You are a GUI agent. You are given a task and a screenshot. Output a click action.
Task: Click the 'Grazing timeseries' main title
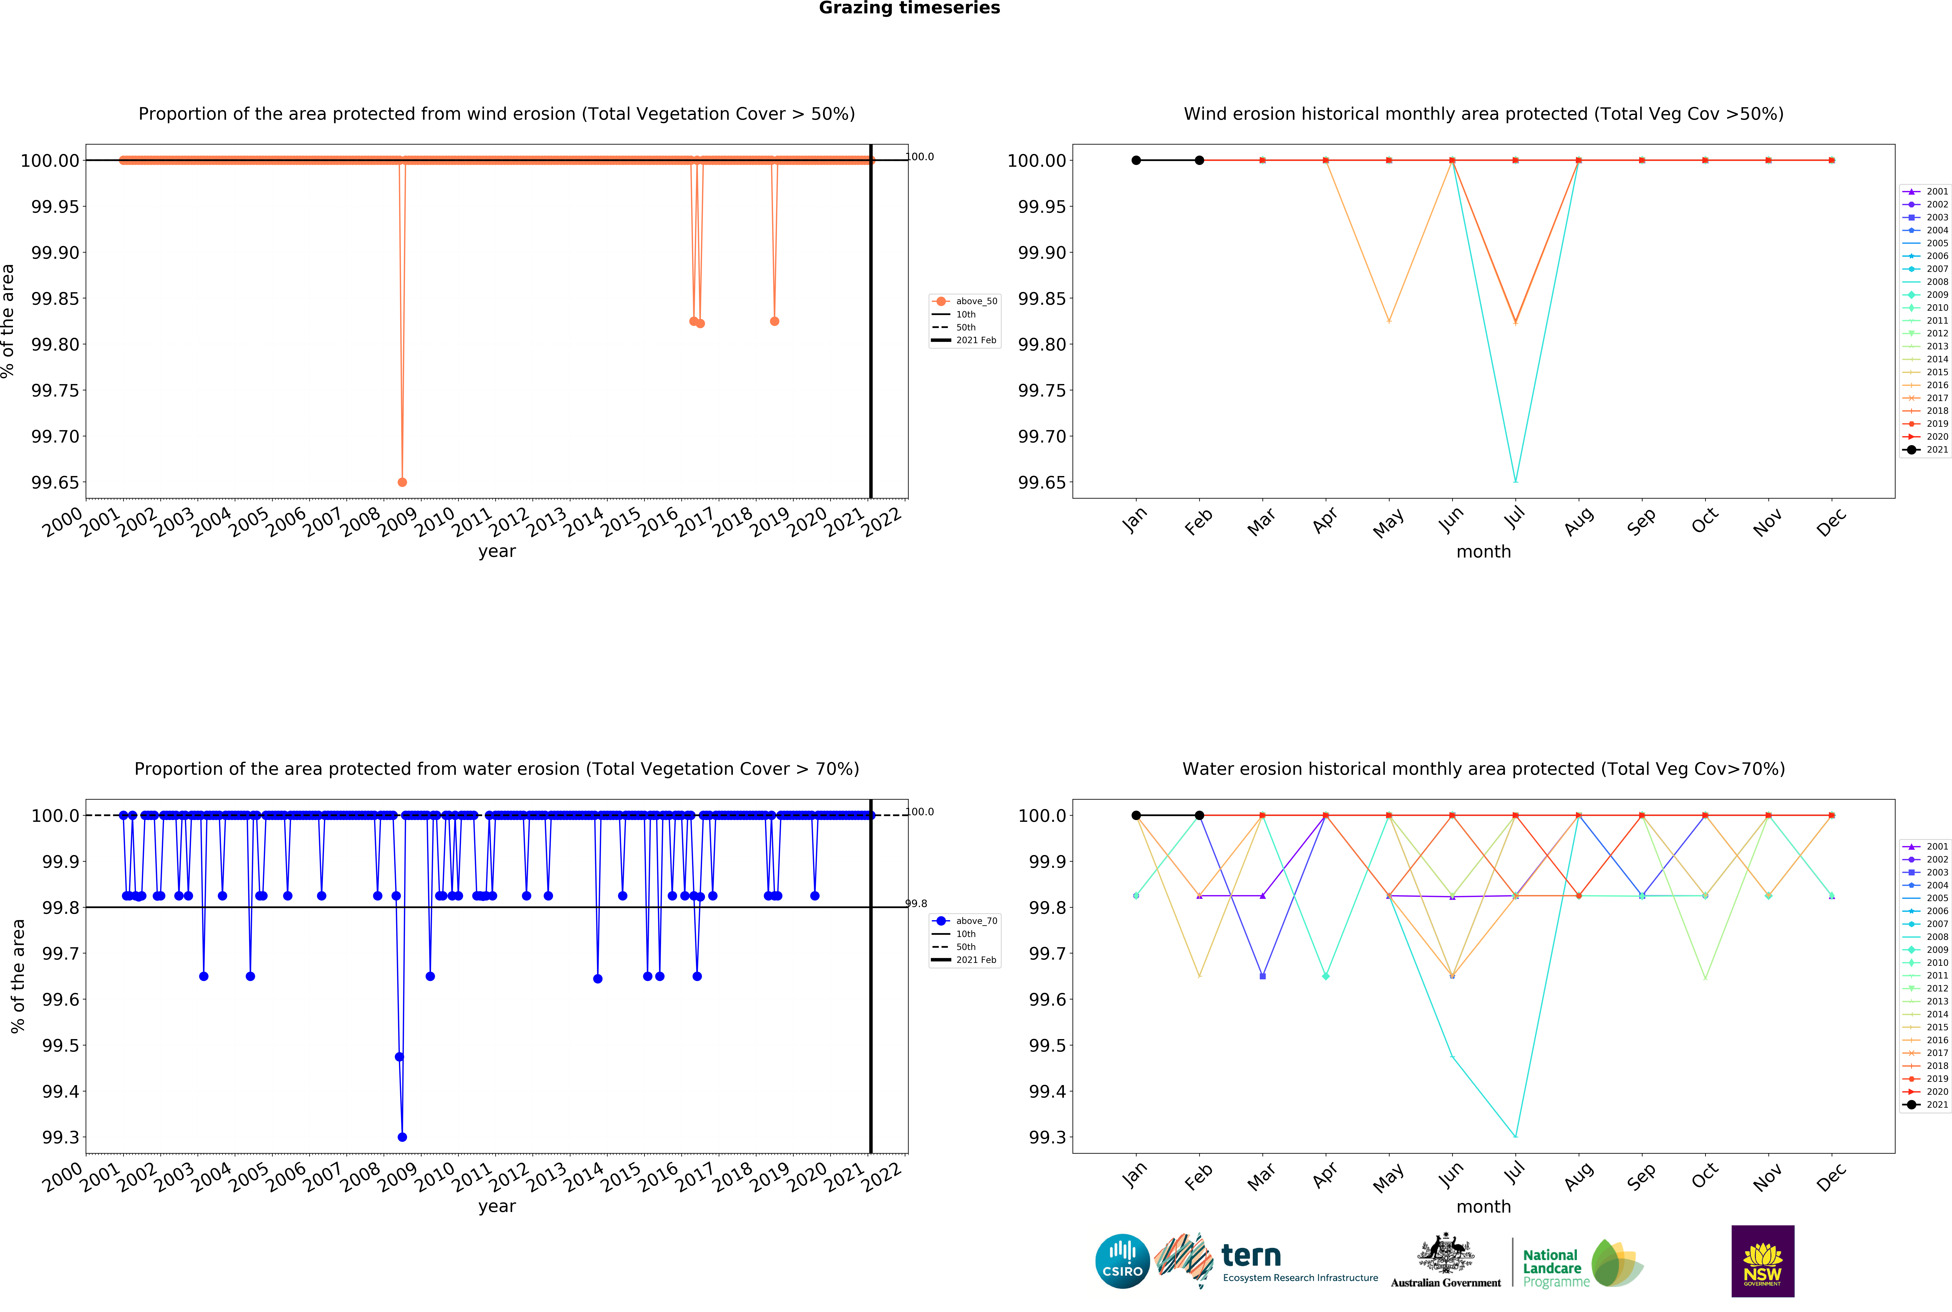pos(909,8)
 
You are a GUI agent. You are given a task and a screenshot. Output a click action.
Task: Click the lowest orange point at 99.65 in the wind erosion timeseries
pos(402,482)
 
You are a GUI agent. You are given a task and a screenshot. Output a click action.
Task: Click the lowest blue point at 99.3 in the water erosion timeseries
pos(402,1137)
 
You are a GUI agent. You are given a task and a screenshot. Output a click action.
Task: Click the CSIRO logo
pos(1122,1261)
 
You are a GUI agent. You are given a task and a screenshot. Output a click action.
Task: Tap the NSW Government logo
pos(1762,1261)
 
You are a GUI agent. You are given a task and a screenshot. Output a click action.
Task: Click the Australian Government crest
pos(1446,1255)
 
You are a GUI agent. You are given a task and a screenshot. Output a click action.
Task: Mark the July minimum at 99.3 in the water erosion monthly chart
pos(1515,1136)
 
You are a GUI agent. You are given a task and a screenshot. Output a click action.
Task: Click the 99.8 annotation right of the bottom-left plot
pos(917,904)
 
